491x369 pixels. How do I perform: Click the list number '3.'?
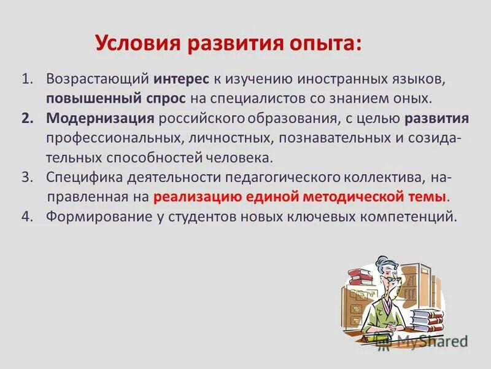click(x=26, y=177)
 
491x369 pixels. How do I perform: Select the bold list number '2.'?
click(x=27, y=118)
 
